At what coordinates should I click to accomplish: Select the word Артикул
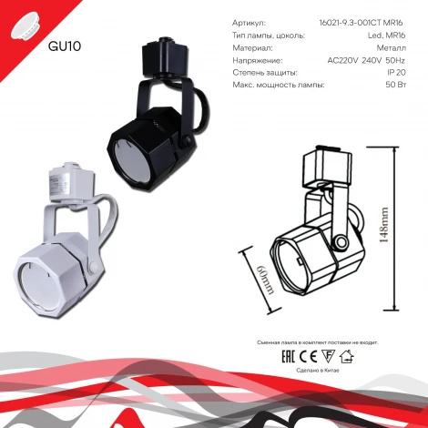click(250, 22)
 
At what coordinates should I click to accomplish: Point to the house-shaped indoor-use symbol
click(346, 356)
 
